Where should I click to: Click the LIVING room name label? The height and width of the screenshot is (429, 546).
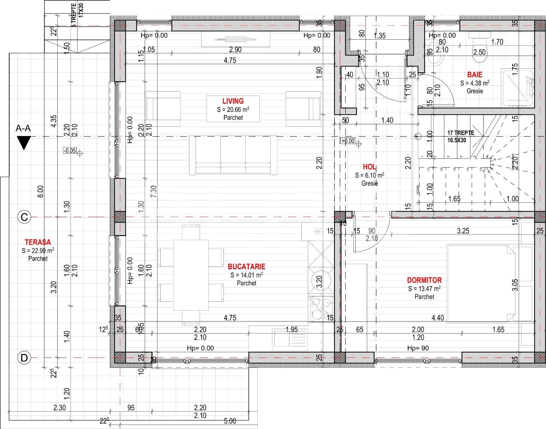point(233,101)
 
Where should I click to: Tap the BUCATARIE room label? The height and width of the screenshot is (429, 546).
point(246,267)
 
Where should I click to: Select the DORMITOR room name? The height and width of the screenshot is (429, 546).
point(424,280)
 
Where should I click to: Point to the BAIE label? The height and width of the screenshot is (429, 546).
point(475,75)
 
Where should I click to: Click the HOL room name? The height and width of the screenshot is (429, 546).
point(369,167)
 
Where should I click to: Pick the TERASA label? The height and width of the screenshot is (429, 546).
point(38,242)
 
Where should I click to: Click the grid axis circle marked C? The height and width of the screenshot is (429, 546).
point(24,217)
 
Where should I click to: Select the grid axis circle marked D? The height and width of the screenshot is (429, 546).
point(24,358)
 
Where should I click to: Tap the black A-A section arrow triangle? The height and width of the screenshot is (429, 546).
point(24,142)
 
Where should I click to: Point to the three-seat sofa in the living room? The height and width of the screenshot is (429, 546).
point(233,155)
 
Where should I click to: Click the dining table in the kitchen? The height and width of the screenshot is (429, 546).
point(191,275)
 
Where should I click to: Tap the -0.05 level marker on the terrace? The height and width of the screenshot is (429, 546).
point(70,151)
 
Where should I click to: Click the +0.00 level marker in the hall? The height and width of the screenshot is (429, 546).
point(348,141)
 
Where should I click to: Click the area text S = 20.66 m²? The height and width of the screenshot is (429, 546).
point(233,110)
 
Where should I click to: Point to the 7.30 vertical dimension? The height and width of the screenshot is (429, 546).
point(154,191)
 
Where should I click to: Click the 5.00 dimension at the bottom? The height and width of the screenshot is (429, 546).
point(230,421)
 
